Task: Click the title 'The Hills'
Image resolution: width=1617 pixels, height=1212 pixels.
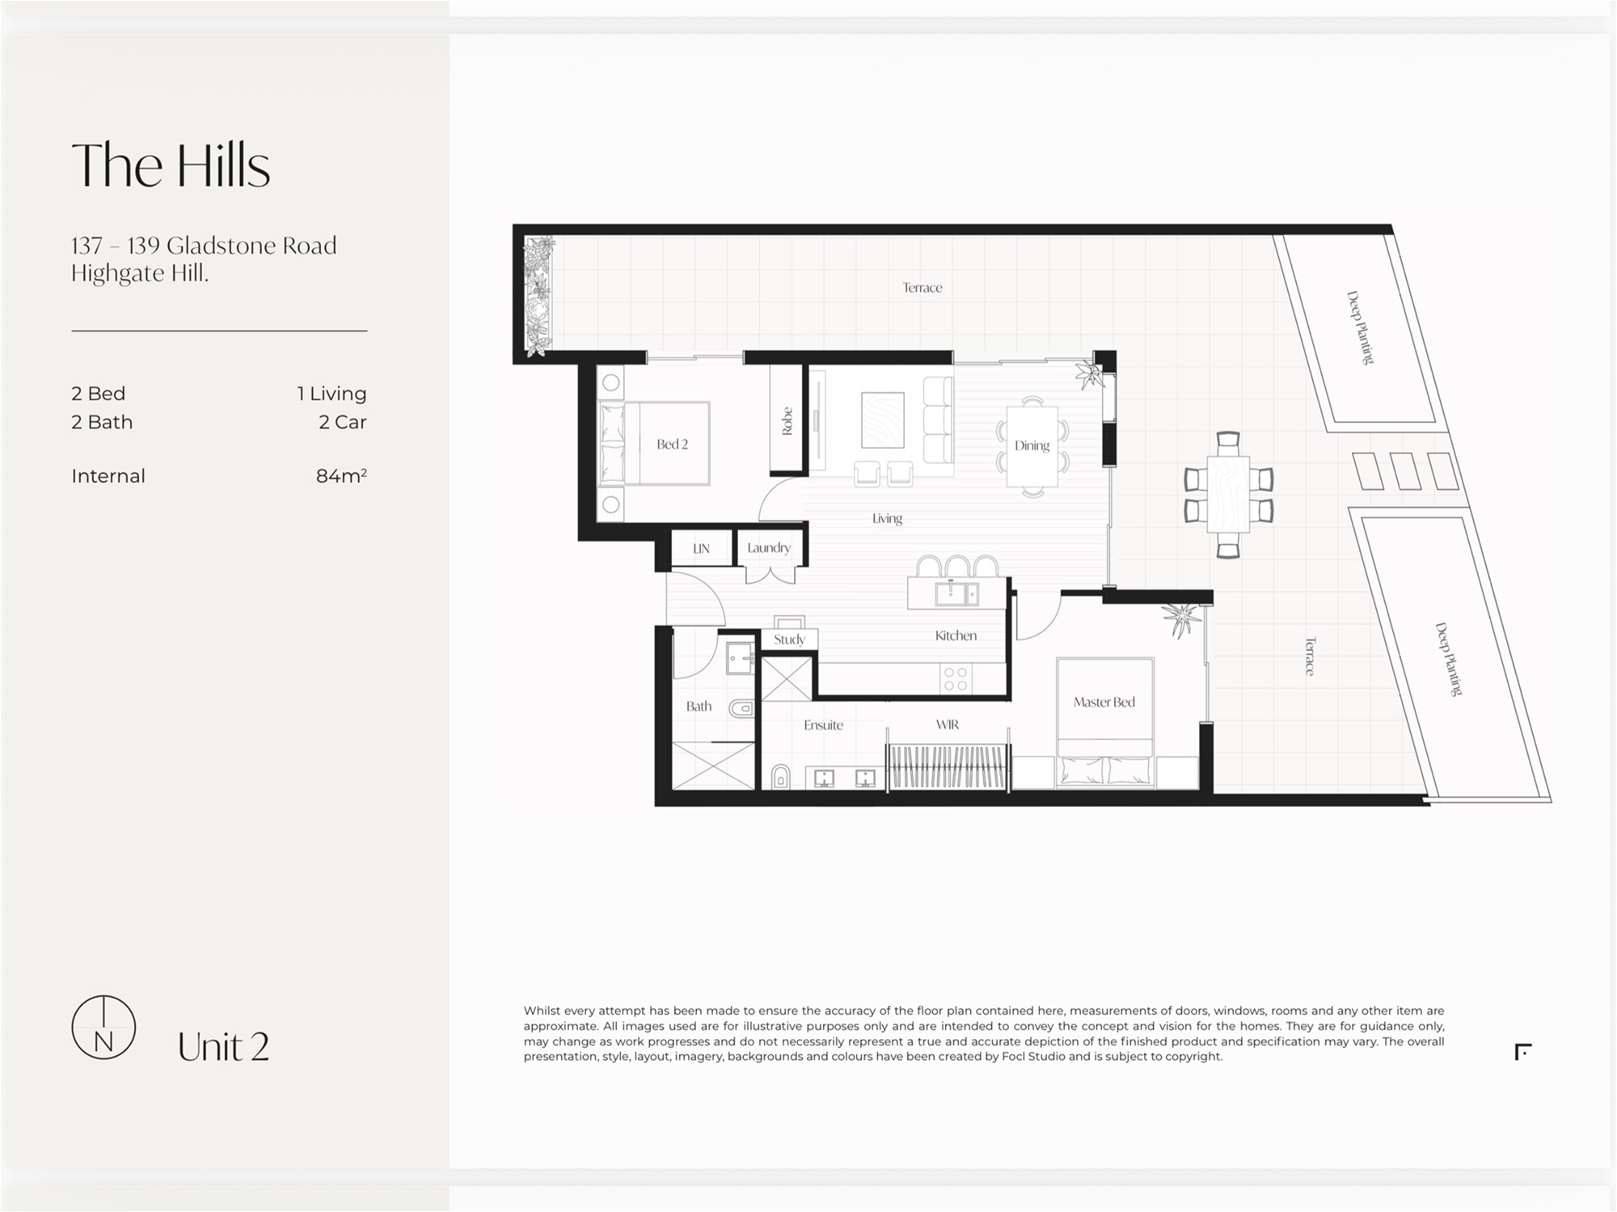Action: coord(171,166)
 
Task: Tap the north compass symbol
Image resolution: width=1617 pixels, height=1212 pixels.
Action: coord(103,1027)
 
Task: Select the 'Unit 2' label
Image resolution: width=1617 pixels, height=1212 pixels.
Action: coord(223,1047)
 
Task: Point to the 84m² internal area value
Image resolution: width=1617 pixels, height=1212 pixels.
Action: coord(341,475)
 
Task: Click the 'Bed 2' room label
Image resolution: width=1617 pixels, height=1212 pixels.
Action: coord(672,444)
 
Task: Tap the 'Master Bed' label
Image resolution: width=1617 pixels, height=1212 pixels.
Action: coord(1104,702)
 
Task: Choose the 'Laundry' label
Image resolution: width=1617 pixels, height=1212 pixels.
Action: coord(769,548)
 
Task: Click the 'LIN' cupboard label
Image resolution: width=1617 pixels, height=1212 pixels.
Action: coord(701,548)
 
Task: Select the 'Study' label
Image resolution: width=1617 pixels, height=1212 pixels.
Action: coord(789,640)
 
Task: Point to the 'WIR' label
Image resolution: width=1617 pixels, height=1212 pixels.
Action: coord(948,724)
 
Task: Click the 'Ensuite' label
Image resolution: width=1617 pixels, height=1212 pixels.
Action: coord(823,725)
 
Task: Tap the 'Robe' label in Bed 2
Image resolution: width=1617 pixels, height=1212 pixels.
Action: coord(787,421)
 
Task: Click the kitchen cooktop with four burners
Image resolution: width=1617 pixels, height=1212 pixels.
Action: coord(956,679)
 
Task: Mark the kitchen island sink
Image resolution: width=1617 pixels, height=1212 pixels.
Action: coord(956,593)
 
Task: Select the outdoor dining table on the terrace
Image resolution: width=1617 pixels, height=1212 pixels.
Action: coord(1228,494)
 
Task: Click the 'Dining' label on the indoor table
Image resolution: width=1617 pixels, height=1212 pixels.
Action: coord(1032,446)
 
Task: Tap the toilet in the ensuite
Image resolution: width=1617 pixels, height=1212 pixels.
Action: coord(780,776)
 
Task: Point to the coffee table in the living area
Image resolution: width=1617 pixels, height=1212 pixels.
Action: coord(882,420)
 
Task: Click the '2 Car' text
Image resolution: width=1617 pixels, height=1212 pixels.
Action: coord(343,422)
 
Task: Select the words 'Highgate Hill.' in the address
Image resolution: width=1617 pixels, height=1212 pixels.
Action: coord(140,274)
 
